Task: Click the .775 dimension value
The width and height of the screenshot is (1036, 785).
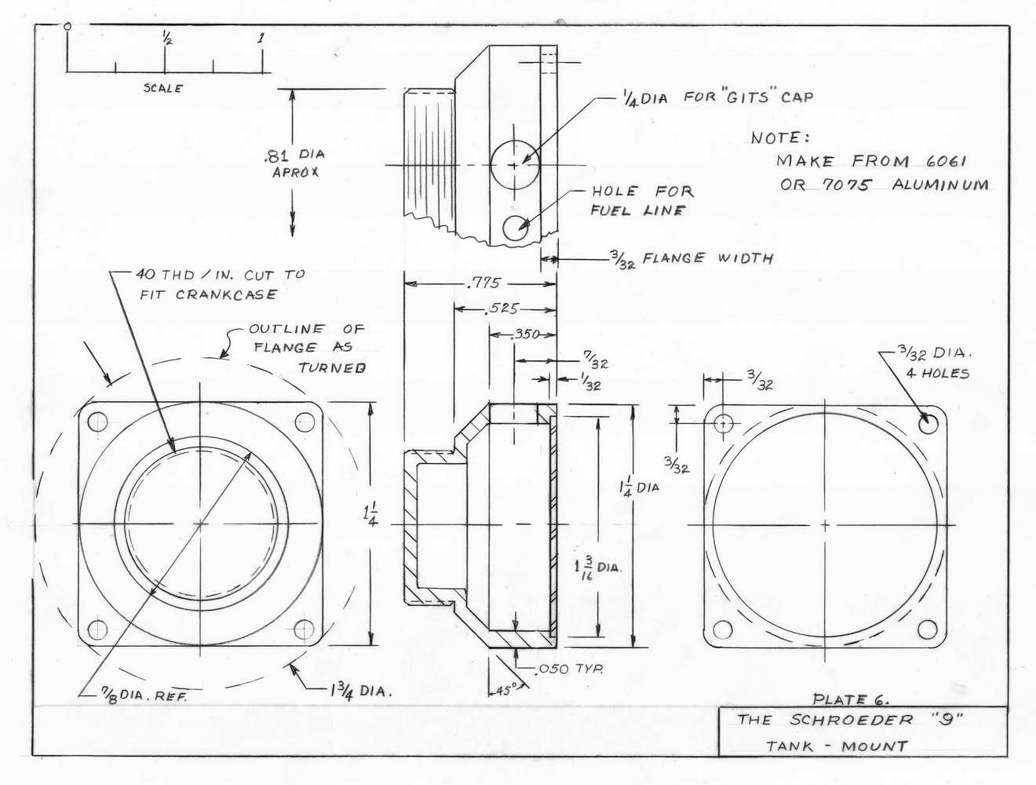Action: [x=483, y=283]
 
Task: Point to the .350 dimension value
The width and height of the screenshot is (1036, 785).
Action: [x=524, y=334]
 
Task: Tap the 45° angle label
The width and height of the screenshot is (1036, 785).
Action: [x=506, y=691]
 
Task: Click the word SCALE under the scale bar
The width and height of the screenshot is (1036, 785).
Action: [x=163, y=89]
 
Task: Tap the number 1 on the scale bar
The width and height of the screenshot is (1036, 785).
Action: [x=261, y=38]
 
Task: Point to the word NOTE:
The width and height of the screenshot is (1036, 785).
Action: [x=779, y=138]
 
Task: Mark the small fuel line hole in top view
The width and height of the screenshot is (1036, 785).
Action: [x=516, y=228]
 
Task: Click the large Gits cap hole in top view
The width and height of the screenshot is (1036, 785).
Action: [x=515, y=166]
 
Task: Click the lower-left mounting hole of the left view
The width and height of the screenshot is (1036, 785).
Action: [x=97, y=629]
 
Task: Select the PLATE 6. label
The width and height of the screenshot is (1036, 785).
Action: [x=851, y=699]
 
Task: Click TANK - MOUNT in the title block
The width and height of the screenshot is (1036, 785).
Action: [x=837, y=746]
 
